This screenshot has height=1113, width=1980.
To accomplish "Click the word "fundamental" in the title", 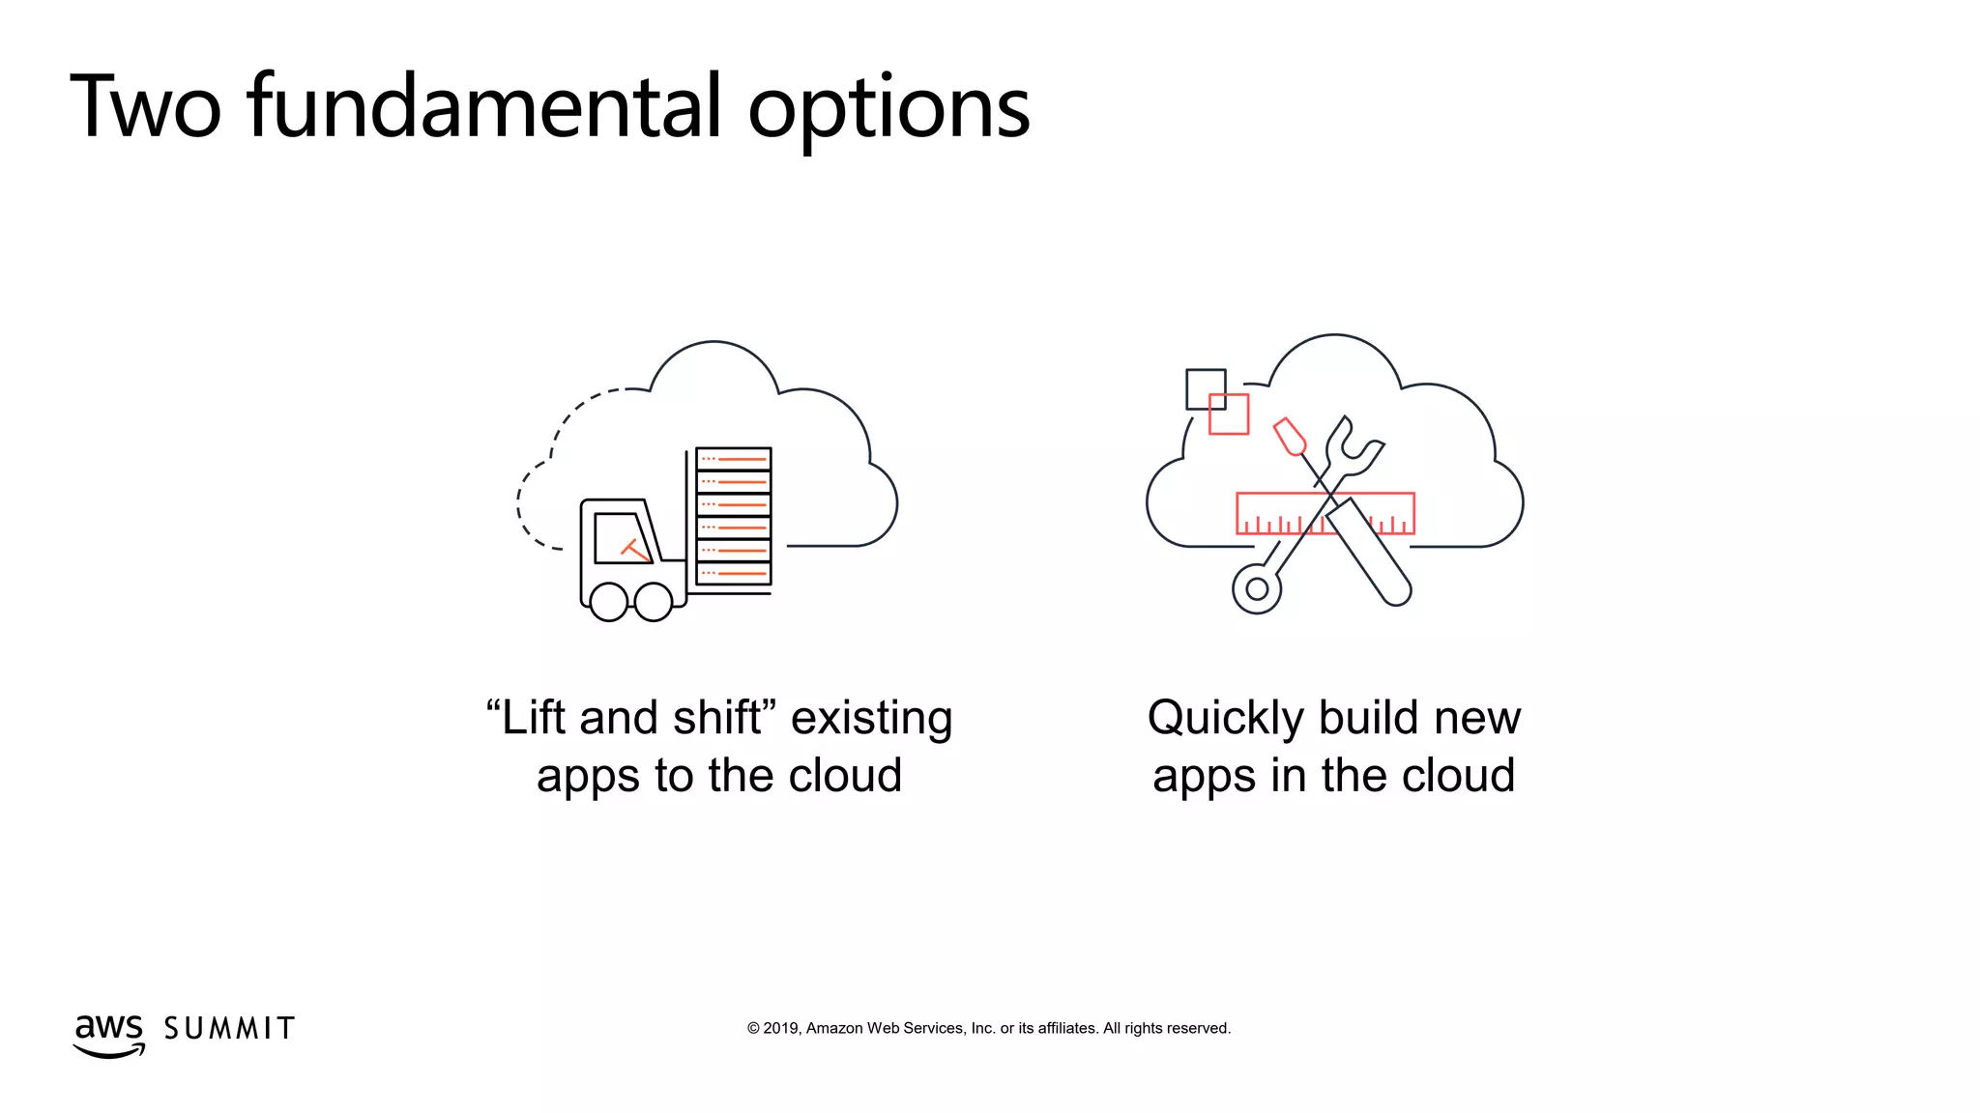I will [x=483, y=106].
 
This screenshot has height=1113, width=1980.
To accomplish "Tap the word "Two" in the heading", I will [x=145, y=106].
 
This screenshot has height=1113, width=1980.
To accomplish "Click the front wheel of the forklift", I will [x=654, y=602].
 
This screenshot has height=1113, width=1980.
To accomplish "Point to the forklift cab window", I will [x=621, y=537].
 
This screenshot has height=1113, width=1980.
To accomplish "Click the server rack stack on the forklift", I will [x=733, y=516].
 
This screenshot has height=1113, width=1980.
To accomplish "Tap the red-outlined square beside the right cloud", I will [x=1230, y=414].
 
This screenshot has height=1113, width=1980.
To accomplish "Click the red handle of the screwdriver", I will [x=1290, y=436].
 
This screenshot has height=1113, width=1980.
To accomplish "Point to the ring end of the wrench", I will [x=1257, y=588].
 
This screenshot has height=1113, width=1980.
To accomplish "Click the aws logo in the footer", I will [x=109, y=1034].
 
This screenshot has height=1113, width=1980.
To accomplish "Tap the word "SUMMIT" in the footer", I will [x=229, y=1029].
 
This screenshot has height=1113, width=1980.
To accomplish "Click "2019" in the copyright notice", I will [x=781, y=1028].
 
